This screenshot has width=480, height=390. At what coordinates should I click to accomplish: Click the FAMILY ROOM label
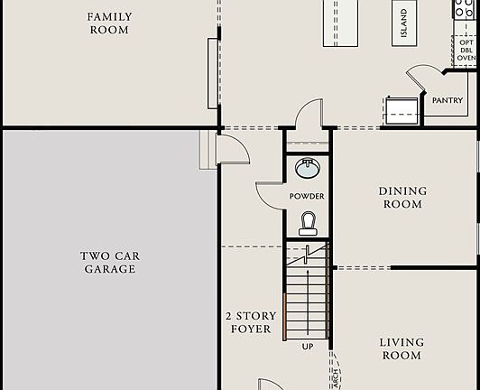pos(109,23)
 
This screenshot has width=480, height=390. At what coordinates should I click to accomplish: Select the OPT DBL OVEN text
pos(466,50)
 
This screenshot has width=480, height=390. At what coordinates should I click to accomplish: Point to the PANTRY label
pos(448,100)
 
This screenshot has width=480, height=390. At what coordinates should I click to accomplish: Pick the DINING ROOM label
pos(402,198)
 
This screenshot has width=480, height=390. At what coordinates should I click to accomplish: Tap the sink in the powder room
pos(308,168)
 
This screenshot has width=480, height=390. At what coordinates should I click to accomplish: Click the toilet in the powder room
pos(308,222)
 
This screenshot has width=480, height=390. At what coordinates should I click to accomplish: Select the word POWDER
pos(307,196)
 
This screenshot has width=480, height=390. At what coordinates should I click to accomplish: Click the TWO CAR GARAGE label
pos(109,263)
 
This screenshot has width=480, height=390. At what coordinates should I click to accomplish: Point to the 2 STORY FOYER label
pos(251,322)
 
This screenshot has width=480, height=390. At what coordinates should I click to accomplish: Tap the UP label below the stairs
pos(308,346)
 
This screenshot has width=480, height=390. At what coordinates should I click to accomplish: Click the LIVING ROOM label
pos(402,349)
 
